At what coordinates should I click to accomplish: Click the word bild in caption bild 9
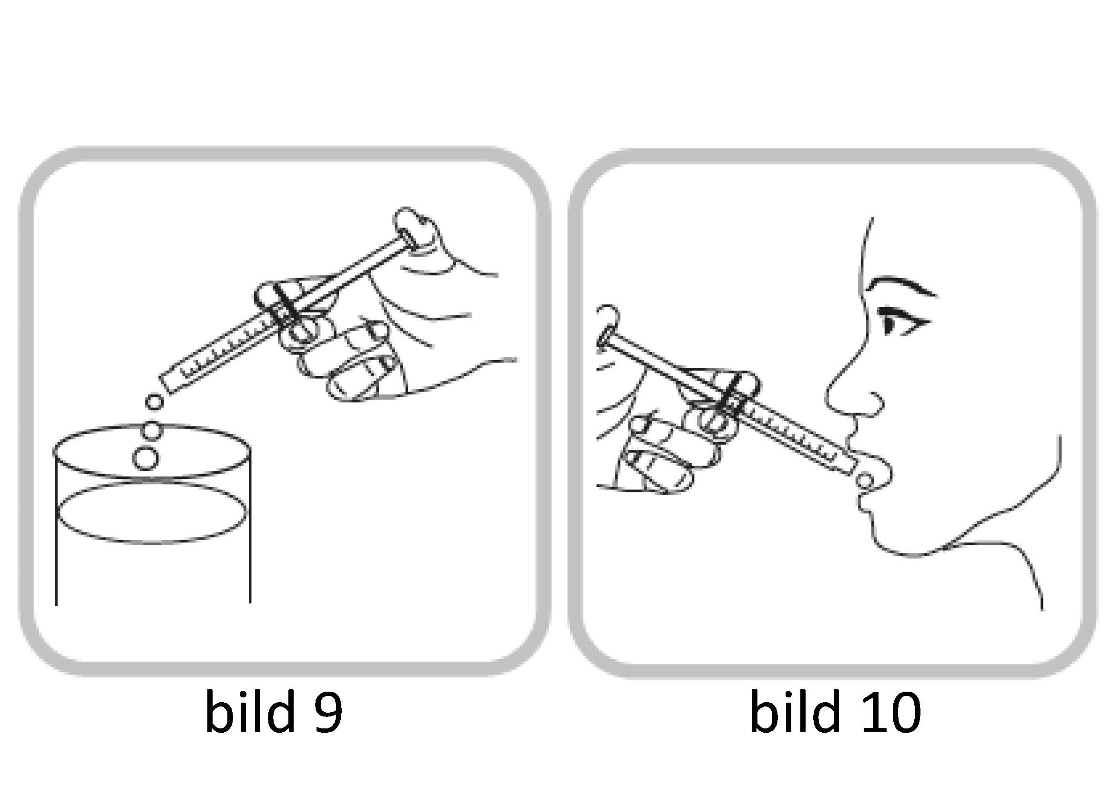click(250, 711)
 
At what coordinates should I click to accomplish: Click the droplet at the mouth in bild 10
click(865, 481)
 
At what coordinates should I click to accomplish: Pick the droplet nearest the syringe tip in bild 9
click(154, 402)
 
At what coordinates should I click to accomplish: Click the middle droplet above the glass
click(152, 430)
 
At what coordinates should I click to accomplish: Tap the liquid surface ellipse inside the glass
click(152, 514)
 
